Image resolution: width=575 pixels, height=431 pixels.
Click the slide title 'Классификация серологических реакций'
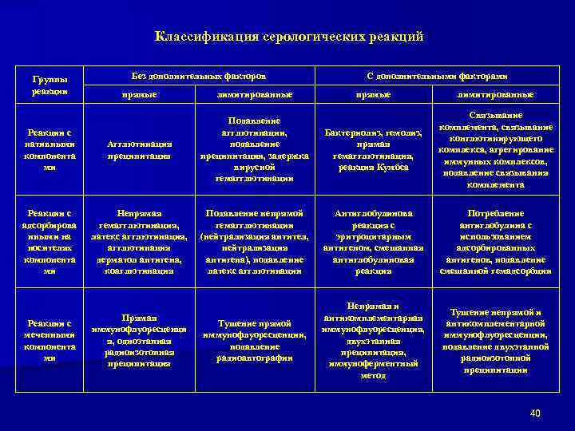(x=288, y=37)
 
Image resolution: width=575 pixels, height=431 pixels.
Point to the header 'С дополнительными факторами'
(x=438, y=75)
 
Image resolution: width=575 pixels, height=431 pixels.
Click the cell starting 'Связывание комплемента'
(x=497, y=149)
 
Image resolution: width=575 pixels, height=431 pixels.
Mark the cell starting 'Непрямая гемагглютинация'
(x=141, y=242)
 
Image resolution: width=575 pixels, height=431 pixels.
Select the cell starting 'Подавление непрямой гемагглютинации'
(x=255, y=242)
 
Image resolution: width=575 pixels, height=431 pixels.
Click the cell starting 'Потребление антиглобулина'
(x=497, y=242)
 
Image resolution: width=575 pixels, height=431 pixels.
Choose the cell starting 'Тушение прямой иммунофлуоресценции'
(x=255, y=341)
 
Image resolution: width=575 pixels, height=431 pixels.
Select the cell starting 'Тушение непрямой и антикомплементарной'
(x=497, y=341)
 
